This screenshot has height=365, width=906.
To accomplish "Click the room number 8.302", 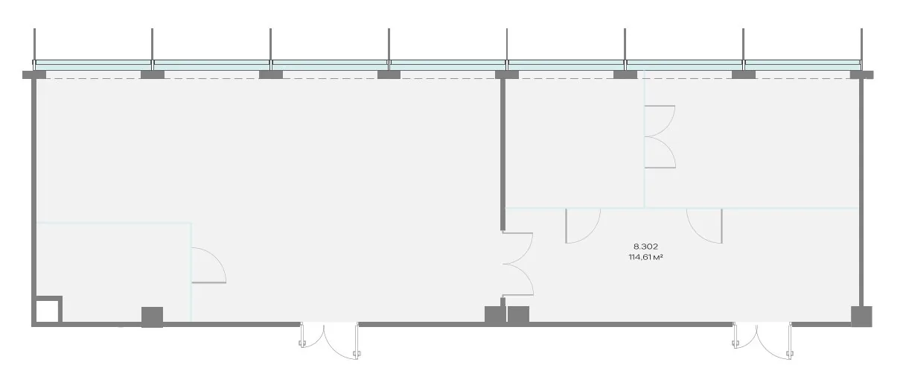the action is point(645,246).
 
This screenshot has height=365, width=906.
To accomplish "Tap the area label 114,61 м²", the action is point(645,257).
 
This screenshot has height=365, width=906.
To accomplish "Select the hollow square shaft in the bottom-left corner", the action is point(48,311).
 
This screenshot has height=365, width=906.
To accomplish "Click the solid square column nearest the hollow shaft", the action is point(152,317).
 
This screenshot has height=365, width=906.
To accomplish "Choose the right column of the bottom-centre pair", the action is point(518,315).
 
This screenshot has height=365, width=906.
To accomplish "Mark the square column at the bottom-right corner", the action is point(861,317).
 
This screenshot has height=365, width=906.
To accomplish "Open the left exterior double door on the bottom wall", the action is point(329,340).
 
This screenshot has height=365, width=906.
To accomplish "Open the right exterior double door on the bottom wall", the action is point(762,340).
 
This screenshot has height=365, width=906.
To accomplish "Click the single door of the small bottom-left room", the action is point(208,265).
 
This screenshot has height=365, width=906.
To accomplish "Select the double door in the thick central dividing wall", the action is point(517,264).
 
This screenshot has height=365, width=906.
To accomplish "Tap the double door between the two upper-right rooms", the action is point(660,137).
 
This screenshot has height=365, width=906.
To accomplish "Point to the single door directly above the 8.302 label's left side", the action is point(582,226).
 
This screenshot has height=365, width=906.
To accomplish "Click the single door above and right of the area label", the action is point(704,226).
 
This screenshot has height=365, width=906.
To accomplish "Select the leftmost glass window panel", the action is point(92,64).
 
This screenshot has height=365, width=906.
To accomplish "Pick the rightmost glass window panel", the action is point(803,64).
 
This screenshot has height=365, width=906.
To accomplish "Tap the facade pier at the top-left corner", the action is point(34,74).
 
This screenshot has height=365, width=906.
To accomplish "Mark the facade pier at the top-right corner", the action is point(861,74).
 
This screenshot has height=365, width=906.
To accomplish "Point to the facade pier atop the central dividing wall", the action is point(507,74).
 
